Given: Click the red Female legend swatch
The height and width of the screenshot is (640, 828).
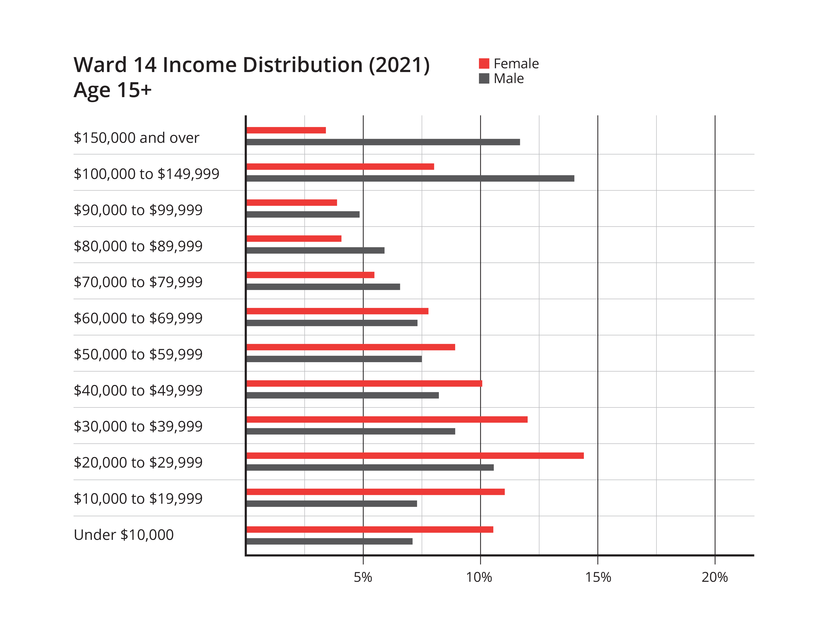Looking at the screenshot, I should [x=484, y=64].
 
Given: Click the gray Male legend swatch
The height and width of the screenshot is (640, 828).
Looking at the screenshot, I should [x=484, y=79].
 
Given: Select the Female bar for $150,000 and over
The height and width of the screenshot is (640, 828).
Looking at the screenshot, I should [x=286, y=131].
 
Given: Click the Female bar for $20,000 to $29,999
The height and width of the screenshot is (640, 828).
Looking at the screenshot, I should [x=415, y=456].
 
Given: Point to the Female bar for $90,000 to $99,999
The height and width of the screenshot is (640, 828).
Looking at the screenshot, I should [x=292, y=203].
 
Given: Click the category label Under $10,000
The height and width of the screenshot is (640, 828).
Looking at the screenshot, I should [x=124, y=535].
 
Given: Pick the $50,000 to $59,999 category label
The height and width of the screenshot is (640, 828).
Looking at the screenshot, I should [x=138, y=354].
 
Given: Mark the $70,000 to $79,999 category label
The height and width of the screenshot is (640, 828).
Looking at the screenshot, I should [x=138, y=282].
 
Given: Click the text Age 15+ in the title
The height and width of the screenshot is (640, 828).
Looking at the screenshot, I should [x=113, y=90].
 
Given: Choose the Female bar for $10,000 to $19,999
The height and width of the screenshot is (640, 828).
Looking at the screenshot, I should [x=376, y=492].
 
